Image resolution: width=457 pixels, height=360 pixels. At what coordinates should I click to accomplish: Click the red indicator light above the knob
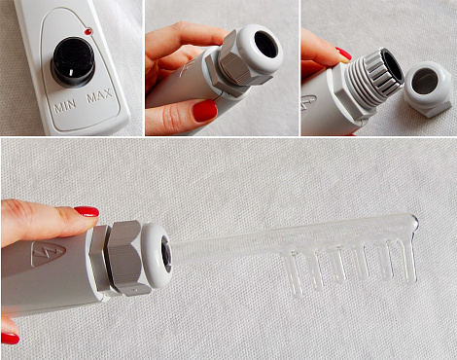88,32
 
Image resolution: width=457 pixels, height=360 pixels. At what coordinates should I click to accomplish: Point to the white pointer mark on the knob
71,71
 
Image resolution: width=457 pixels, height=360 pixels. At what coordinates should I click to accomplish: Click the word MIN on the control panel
65,106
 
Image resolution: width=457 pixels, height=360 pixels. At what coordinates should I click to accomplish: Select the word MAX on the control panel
99,95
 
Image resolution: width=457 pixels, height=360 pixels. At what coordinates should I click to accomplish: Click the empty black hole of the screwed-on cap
266,45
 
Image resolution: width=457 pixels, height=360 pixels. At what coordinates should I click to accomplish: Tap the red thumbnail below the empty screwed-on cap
204,110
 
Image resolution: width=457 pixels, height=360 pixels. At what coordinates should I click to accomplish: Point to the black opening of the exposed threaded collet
393,68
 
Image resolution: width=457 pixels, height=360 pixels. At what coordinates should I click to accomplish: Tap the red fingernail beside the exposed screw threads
343,54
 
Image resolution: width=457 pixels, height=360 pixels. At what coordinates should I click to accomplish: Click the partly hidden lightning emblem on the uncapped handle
308,103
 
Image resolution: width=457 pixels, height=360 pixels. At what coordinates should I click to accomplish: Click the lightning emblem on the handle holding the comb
48,254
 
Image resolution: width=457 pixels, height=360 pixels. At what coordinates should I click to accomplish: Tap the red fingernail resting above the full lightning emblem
87,211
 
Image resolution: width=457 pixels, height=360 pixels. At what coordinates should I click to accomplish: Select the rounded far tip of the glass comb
413,221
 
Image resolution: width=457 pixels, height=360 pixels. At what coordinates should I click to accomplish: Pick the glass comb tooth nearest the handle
295,274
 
